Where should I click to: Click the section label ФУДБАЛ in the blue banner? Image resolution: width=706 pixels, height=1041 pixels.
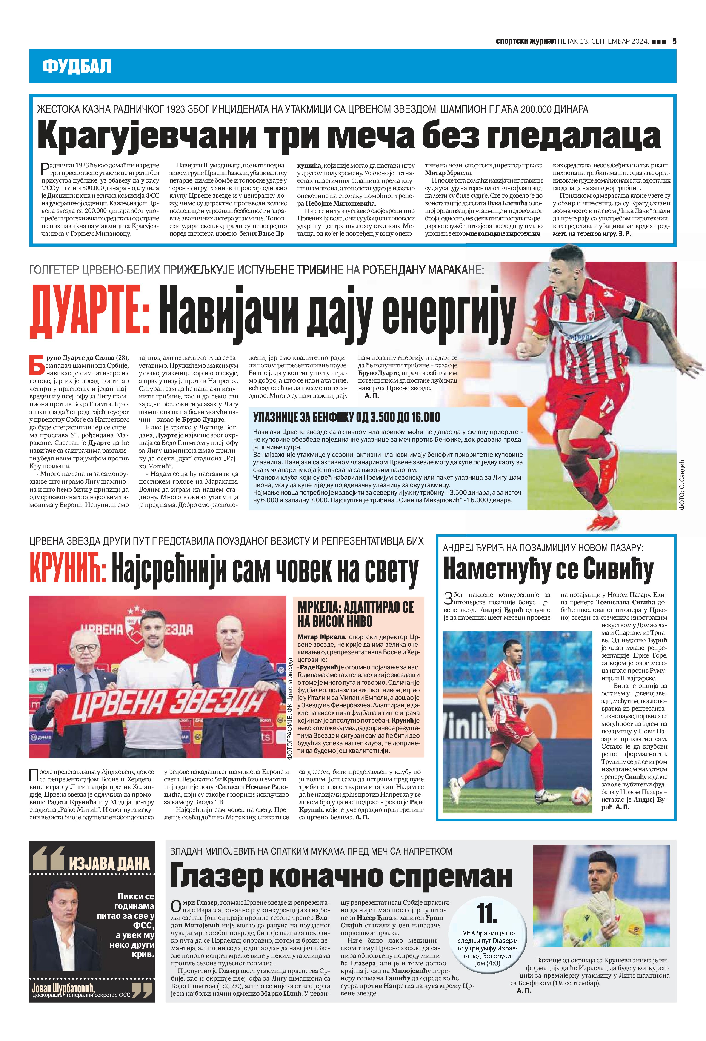[77, 66]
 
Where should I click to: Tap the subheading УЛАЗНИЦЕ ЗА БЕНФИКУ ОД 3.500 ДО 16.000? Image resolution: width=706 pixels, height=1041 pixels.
[347, 418]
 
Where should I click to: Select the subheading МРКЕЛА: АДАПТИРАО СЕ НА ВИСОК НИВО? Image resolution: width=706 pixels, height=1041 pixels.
[356, 614]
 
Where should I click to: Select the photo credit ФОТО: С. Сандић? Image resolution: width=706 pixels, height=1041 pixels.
[682, 485]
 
